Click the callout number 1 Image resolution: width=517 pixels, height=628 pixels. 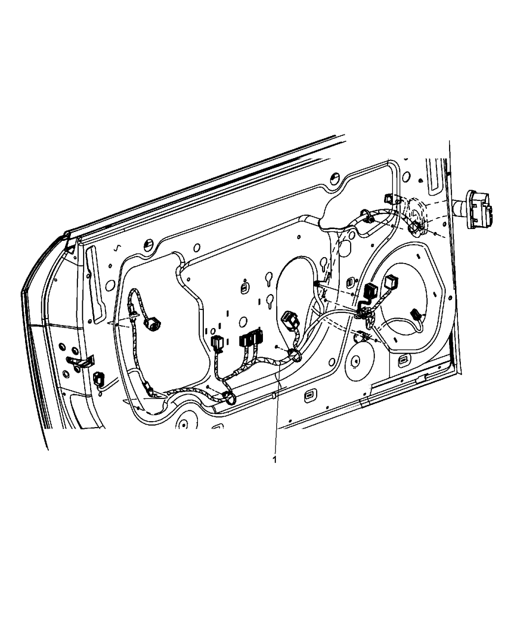(x=274, y=468)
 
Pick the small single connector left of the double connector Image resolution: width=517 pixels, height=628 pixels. (x=217, y=344)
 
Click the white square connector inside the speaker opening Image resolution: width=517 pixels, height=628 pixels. (x=390, y=282)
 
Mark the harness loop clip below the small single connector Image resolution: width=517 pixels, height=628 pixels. (x=230, y=398)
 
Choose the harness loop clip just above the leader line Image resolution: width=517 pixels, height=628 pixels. (x=294, y=356)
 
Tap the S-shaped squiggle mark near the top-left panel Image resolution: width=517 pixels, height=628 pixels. (x=117, y=248)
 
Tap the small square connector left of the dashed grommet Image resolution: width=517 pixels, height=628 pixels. (x=389, y=198)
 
